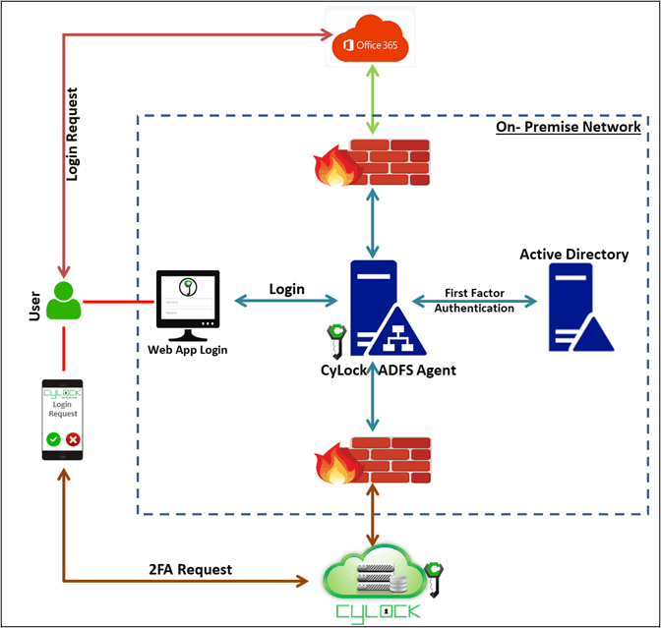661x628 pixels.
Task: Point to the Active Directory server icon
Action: [x=578, y=310]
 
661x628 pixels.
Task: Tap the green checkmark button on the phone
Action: [x=51, y=439]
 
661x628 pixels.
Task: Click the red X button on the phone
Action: [x=72, y=439]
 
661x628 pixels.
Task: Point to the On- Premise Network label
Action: [x=569, y=127]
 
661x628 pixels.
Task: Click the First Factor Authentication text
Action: [x=479, y=301]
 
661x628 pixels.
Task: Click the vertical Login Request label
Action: [x=72, y=135]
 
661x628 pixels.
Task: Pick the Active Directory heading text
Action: [x=573, y=255]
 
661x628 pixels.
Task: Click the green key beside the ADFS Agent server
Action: [x=333, y=339]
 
